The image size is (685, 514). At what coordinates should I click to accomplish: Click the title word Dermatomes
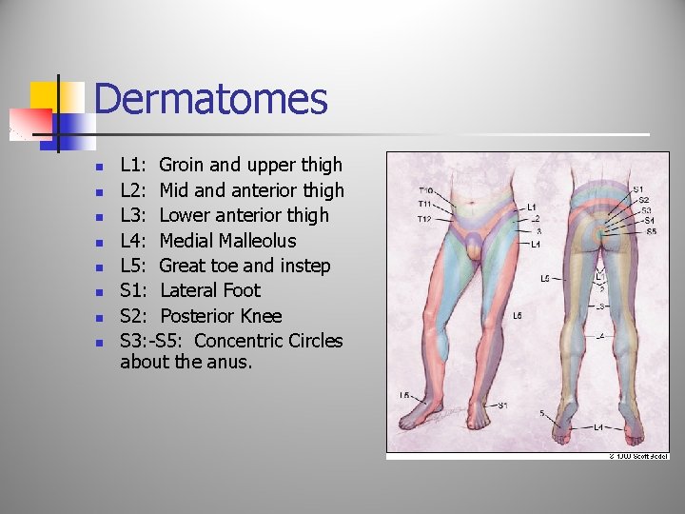(210, 100)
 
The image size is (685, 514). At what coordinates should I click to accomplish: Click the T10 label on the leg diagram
(425, 190)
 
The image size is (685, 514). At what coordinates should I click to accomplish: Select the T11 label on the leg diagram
(425, 204)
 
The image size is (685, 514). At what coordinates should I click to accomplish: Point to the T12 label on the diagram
(425, 220)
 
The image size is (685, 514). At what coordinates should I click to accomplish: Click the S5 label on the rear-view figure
(651, 231)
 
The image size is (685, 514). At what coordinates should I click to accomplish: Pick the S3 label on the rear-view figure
(647, 209)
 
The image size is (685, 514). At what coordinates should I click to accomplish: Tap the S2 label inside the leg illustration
(644, 199)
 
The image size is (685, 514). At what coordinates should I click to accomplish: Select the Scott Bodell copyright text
(639, 456)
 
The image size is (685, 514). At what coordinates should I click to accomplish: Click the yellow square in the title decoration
(44, 95)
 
